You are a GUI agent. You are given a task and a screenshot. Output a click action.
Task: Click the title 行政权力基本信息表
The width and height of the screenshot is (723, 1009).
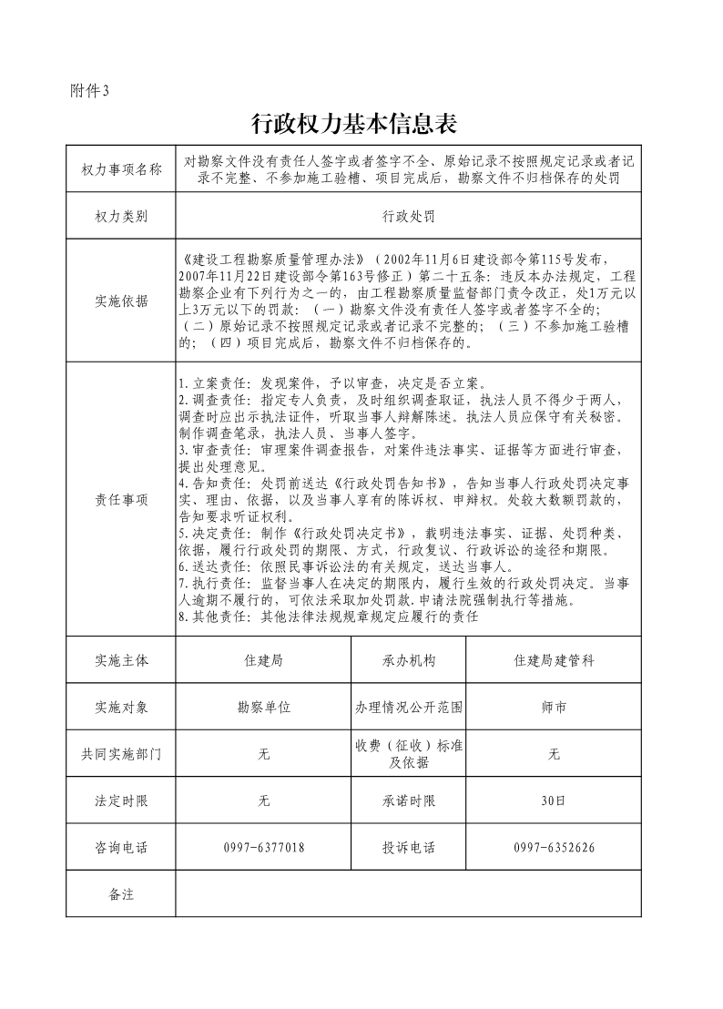(x=353, y=122)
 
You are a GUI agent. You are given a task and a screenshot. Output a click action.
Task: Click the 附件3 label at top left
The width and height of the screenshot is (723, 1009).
(x=89, y=89)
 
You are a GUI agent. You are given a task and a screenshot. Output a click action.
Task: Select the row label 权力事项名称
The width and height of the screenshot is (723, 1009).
(x=121, y=168)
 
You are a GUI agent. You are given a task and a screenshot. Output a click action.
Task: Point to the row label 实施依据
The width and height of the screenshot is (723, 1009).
(x=121, y=301)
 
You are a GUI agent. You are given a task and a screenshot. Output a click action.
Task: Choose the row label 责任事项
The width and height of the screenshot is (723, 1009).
(x=121, y=500)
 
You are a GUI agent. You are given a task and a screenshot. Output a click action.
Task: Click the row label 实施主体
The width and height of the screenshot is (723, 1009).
(x=121, y=661)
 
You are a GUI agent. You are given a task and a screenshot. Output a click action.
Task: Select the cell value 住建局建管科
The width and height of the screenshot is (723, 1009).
(x=554, y=661)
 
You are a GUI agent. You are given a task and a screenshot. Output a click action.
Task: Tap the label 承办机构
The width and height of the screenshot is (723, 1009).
(x=409, y=661)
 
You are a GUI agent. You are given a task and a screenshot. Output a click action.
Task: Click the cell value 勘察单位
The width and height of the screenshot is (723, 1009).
(x=264, y=707)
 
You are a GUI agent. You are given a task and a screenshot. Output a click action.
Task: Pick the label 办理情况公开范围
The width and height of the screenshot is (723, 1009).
(x=409, y=707)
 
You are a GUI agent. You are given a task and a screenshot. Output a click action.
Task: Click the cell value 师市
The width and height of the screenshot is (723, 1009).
(x=554, y=707)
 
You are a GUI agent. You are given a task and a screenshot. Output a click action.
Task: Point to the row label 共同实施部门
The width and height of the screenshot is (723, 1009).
(x=121, y=754)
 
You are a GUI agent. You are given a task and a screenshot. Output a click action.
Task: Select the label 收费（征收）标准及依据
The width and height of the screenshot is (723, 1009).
(x=409, y=754)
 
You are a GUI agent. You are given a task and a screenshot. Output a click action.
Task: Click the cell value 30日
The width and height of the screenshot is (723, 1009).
(x=554, y=801)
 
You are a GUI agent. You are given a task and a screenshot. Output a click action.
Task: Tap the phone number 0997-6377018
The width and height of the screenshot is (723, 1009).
(x=264, y=848)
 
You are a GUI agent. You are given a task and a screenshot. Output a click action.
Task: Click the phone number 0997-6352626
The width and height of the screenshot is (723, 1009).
(x=554, y=848)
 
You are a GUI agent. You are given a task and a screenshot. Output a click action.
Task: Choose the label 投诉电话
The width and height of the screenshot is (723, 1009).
(x=409, y=848)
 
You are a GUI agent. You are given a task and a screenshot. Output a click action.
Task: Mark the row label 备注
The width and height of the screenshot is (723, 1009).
(x=121, y=894)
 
